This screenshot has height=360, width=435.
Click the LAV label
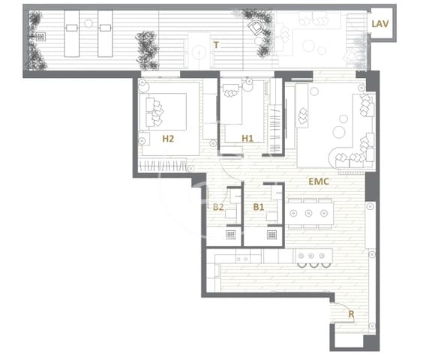[380, 23]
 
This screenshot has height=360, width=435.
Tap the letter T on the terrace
[216, 45]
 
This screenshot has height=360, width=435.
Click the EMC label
[319, 181]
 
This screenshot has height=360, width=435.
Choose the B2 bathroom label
[218, 207]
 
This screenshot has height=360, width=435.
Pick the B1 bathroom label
[259, 207]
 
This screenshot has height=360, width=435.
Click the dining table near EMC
[309, 213]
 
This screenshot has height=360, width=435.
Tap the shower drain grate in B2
[231, 234]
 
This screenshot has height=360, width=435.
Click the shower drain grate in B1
[271, 234]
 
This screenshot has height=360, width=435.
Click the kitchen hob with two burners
[242, 259]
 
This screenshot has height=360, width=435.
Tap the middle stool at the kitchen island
[312, 264]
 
